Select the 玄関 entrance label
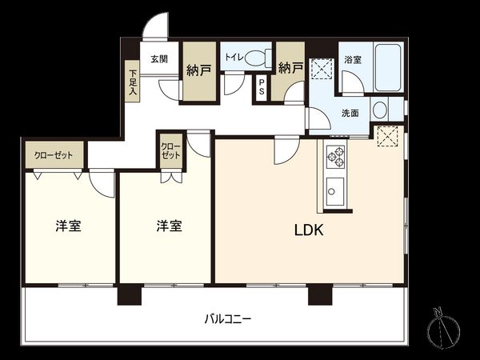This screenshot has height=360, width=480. tap(158, 59)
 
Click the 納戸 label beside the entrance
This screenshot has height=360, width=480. tap(199, 70)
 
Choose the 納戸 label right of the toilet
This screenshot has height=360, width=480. tap(291, 69)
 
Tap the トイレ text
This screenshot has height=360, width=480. tap(234, 57)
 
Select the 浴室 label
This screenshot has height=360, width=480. tap(352, 60)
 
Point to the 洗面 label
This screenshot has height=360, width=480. tap(349, 113)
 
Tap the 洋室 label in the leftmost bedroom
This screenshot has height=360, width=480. tap(68, 226)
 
